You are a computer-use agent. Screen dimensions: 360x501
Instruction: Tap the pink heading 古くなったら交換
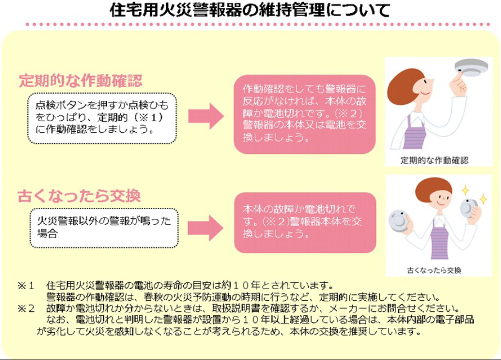pos(79,197)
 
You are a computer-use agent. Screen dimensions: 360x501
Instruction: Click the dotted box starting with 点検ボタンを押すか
pos(102,119)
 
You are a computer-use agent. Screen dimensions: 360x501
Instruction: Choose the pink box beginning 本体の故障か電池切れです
pos(305,222)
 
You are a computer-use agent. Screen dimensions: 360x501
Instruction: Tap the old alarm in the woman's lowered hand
pos(400,220)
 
